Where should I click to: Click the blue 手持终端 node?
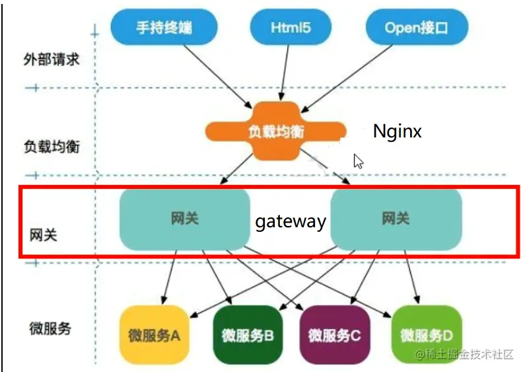(x=164, y=27)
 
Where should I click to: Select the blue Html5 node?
(x=291, y=27)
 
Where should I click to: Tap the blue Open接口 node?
(x=417, y=27)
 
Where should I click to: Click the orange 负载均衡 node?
(x=275, y=131)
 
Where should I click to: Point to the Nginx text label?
(x=397, y=131)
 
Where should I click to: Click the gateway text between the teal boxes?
(x=291, y=221)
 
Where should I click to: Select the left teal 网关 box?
(x=184, y=219)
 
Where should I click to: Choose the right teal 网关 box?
(x=396, y=219)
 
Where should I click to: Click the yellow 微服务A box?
(x=155, y=334)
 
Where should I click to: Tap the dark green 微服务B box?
(x=248, y=334)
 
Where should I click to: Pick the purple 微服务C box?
(x=335, y=334)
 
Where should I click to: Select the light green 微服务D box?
(x=427, y=334)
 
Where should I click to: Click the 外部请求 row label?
(x=52, y=59)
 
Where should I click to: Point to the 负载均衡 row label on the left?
(x=52, y=147)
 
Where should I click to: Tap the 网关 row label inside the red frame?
(x=43, y=235)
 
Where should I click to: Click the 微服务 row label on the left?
(x=50, y=328)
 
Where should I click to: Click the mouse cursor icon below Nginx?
(x=359, y=161)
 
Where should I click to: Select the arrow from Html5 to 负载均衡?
(x=285, y=73)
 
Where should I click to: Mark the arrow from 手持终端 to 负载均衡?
(x=218, y=77)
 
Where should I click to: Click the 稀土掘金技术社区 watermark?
(x=464, y=354)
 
